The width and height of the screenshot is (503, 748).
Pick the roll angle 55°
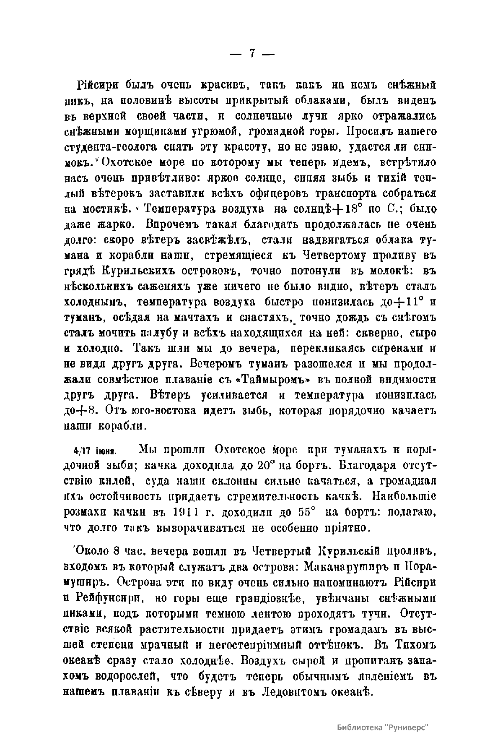pyautogui.click(x=306, y=512)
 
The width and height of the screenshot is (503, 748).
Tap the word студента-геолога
pyautogui.click(x=113, y=147)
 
